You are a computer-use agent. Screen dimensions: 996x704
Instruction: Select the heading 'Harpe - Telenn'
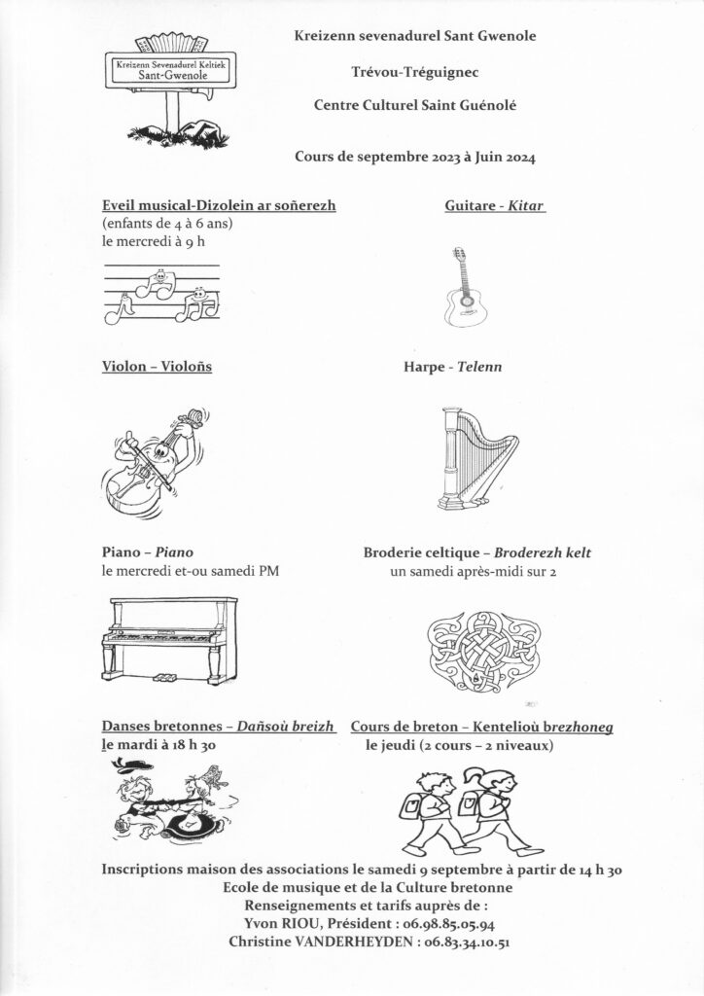(x=452, y=368)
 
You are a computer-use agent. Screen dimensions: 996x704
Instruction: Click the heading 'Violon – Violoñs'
(x=157, y=367)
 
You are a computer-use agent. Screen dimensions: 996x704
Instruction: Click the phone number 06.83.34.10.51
(x=448, y=942)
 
